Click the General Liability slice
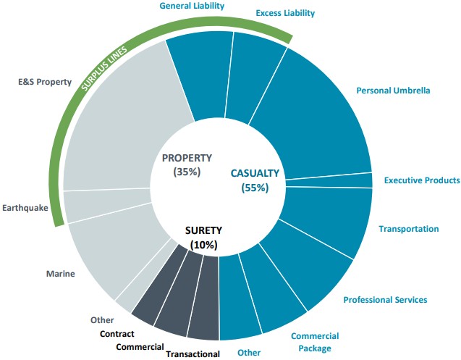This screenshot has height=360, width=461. tap(199, 76)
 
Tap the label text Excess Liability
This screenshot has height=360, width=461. tap(285, 13)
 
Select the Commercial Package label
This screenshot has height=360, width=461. tap(315, 342)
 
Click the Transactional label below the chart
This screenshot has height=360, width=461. tap(193, 353)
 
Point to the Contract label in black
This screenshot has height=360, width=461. tap(117, 334)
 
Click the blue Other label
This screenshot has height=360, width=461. tap(249, 353)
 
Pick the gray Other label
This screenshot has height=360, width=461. tap(102, 319)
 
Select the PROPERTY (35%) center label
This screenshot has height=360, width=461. tap(187, 164)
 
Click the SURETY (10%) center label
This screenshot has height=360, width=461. tap(203, 238)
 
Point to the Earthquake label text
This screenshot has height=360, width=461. tap(25, 207)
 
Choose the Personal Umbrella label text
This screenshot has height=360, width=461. tap(393, 91)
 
